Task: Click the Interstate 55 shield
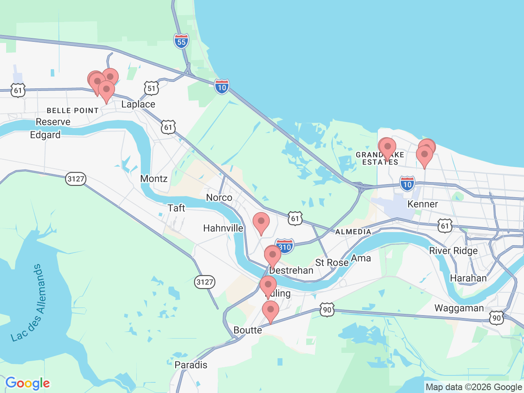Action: pyautogui.click(x=181, y=41)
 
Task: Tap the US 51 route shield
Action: pyautogui.click(x=151, y=88)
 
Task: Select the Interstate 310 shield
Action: pyautogui.click(x=285, y=246)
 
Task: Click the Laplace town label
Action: pyautogui.click(x=138, y=104)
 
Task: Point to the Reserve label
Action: pyautogui.click(x=53, y=122)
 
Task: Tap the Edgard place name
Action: pyautogui.click(x=45, y=135)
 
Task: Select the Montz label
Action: pyautogui.click(x=154, y=178)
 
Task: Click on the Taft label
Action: pyautogui.click(x=176, y=208)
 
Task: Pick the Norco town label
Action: pyautogui.click(x=219, y=198)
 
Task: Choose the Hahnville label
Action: pyautogui.click(x=223, y=228)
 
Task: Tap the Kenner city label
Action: pyautogui.click(x=422, y=204)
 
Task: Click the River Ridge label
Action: pyautogui.click(x=453, y=251)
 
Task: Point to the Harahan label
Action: pyautogui.click(x=468, y=278)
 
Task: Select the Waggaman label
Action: pyautogui.click(x=459, y=308)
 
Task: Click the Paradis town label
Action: pyautogui.click(x=191, y=365)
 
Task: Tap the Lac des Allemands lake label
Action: pyautogui.click(x=27, y=303)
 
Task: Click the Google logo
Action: pyautogui.click(x=28, y=384)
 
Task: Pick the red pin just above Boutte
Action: pyautogui.click(x=270, y=311)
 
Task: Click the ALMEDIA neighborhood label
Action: pyautogui.click(x=353, y=232)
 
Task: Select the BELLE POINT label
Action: pyautogui.click(x=73, y=111)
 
